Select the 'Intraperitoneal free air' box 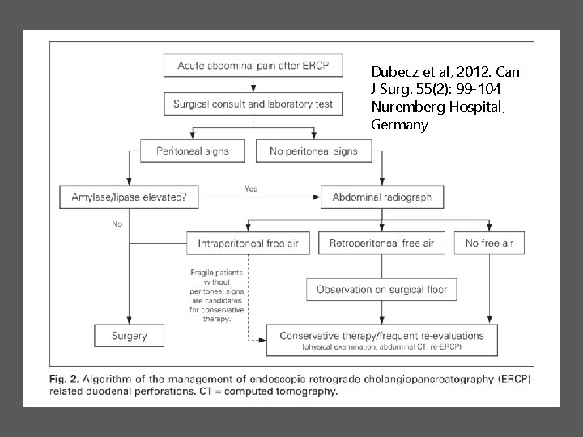tap(248, 243)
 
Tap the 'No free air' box tap(489, 243)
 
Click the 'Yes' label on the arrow tap(252, 189)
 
